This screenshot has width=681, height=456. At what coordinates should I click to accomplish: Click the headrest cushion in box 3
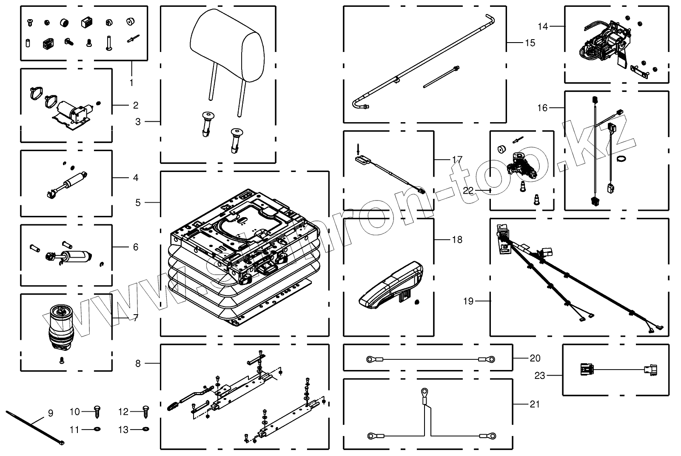[x=227, y=45]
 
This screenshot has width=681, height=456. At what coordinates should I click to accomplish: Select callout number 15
[x=530, y=43]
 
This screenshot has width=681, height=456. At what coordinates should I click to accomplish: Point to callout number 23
[x=540, y=376]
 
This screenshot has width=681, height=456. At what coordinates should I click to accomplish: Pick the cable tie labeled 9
[x=35, y=427]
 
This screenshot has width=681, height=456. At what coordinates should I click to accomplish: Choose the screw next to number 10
[x=97, y=412]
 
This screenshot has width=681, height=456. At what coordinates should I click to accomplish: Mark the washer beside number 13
[x=146, y=429]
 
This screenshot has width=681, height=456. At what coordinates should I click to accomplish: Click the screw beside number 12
[x=145, y=412]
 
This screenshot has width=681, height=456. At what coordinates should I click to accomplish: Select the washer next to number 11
[x=97, y=429]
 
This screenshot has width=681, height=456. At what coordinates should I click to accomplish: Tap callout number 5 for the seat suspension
[x=138, y=202]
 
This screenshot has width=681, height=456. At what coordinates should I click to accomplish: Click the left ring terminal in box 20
[x=371, y=359]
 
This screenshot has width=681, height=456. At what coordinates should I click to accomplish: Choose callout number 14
[x=543, y=26]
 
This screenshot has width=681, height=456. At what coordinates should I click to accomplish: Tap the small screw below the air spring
[x=62, y=361]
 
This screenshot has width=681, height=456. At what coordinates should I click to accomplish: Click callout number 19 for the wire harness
[x=468, y=301]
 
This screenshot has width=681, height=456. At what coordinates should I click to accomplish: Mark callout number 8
[x=138, y=363]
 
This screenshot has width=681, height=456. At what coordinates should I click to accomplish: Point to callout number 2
[x=136, y=105]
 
